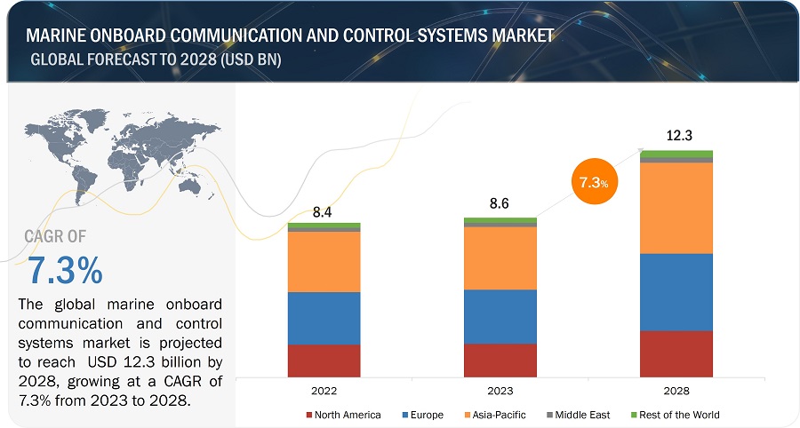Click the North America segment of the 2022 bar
(324, 361)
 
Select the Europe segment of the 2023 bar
(500, 317)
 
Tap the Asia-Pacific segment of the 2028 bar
(676, 208)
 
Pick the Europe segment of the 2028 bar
(676, 292)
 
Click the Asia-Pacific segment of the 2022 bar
(324, 262)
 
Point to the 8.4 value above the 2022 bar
(324, 212)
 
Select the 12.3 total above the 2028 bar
(676, 135)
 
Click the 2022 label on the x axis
(324, 391)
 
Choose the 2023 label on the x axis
(500, 391)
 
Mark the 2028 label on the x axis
(676, 391)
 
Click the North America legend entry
(344, 415)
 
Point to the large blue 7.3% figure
(64, 268)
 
